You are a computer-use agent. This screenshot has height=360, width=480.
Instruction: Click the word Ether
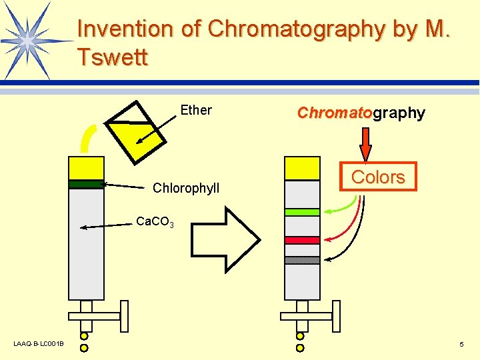pos(196,111)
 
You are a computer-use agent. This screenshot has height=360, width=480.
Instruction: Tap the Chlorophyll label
pos(186,189)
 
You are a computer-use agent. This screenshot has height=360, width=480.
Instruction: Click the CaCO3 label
pos(155,222)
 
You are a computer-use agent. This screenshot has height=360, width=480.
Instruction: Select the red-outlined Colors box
pos(378,177)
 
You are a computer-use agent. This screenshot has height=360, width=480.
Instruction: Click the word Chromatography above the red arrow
pos(361,113)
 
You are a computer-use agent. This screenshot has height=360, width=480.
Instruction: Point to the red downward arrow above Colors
pos(366,143)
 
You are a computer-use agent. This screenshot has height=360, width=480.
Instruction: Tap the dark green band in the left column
pos(85,185)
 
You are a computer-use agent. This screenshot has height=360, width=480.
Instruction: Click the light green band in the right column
pos(302,212)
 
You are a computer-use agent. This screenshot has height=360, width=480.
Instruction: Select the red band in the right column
pos(302,240)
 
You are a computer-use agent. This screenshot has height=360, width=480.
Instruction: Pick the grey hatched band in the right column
pos(302,261)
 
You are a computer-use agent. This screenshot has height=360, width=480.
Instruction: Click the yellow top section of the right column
pos(302,168)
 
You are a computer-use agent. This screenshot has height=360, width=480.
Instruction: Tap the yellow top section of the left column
pos(85,168)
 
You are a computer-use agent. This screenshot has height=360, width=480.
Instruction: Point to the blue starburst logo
pos(29,39)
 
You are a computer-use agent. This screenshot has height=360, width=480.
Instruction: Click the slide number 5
pos(461,344)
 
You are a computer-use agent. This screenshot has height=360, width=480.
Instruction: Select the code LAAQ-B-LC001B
pos(39,344)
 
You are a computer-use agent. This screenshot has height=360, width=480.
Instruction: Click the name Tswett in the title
pos(112,57)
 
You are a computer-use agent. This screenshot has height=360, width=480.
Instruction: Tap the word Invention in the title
pos(125,29)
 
